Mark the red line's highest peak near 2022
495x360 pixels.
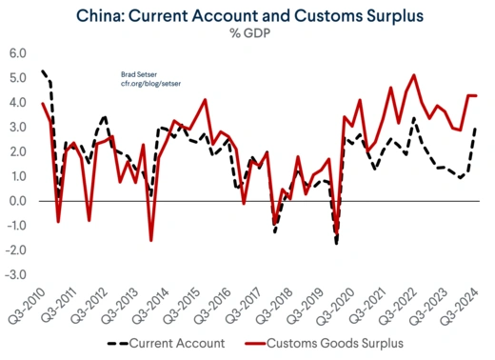click(x=413, y=75)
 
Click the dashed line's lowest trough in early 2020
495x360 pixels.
click(x=336, y=244)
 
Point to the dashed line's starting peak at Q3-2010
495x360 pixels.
click(x=43, y=71)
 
